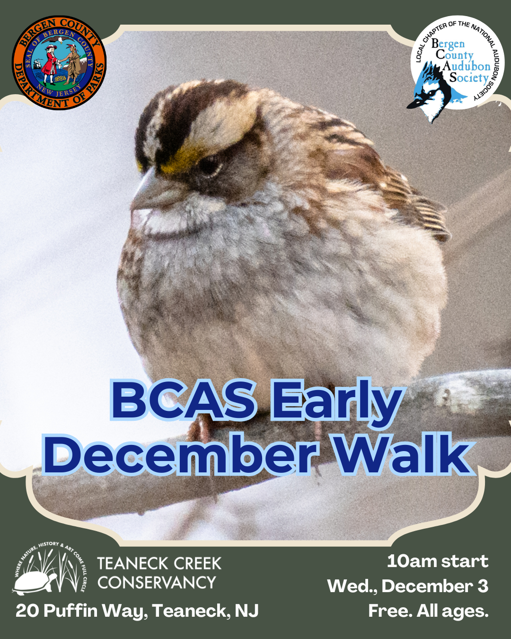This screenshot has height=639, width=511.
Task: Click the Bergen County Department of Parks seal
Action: pyautogui.click(x=59, y=63)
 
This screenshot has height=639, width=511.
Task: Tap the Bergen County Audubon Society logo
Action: pyautogui.click(x=457, y=64)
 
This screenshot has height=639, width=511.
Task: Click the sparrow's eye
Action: pyautogui.click(x=208, y=166)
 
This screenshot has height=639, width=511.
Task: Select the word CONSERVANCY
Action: pyautogui.click(x=157, y=582)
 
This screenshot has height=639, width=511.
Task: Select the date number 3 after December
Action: pyautogui.click(x=483, y=586)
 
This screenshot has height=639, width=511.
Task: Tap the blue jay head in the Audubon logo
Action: pyautogui.click(x=428, y=92)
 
